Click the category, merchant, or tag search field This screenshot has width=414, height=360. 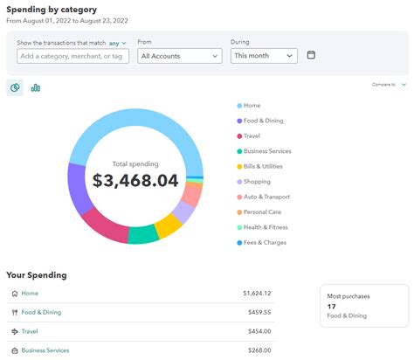(72, 55)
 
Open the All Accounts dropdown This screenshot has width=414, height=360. (179, 55)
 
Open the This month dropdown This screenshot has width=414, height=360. (264, 55)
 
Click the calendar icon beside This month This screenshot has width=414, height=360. (312, 55)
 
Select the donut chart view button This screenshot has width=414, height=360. (15, 87)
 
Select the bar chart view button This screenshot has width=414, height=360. (36, 87)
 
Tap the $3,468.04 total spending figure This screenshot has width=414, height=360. (135, 181)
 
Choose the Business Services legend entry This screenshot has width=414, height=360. (266, 151)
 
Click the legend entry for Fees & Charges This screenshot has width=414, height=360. (266, 242)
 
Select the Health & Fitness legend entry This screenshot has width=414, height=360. (266, 227)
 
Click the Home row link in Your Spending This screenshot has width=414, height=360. (30, 294)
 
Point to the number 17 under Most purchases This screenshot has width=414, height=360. (332, 306)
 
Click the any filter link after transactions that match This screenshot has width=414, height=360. (114, 42)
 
